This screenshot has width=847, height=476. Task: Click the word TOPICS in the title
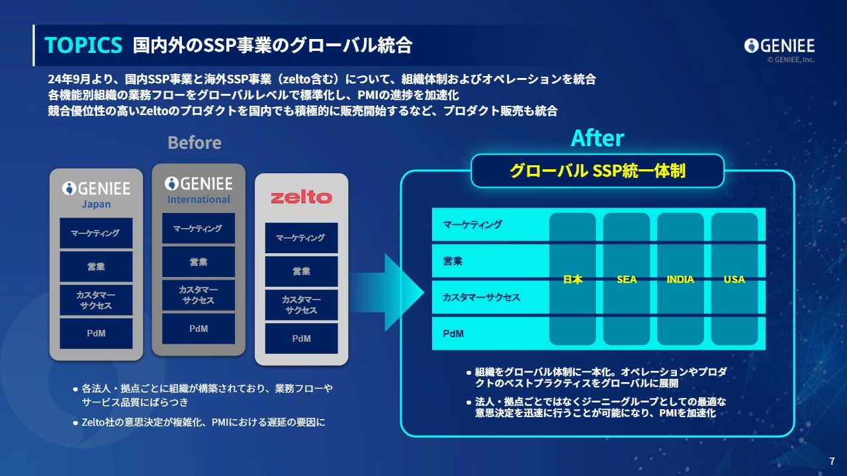[83, 45]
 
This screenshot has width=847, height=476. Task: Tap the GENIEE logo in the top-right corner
[780, 46]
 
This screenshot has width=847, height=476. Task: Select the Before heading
[195, 143]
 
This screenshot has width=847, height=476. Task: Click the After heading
[597, 138]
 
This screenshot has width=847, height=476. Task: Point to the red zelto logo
[301, 197]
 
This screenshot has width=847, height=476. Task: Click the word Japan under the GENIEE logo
[96, 204]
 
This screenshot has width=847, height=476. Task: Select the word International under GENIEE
[199, 200]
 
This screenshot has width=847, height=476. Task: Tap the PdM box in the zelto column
[301, 338]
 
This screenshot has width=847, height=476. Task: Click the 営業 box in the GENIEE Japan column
[96, 266]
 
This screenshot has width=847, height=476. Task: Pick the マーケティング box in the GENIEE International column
[199, 228]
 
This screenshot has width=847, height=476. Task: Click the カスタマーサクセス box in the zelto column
[301, 305]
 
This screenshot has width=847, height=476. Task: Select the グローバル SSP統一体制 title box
[598, 171]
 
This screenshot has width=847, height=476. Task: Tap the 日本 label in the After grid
[572, 280]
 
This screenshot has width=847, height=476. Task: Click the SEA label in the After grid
[627, 280]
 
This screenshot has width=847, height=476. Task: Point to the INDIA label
[680, 280]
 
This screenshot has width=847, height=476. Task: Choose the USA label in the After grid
[735, 280]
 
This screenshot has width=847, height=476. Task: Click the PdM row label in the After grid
[453, 334]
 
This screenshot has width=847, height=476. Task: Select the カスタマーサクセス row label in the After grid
[481, 297]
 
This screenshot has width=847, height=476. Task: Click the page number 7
[832, 461]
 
